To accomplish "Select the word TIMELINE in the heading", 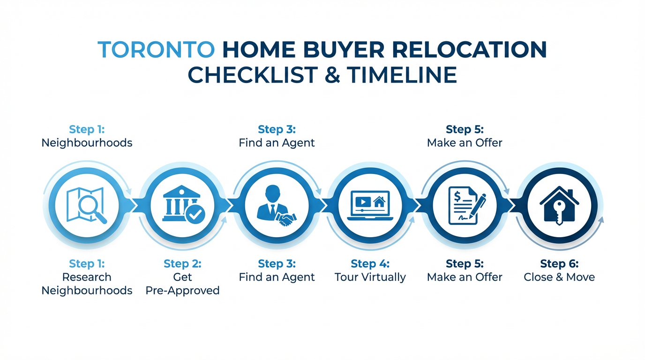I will (402, 75).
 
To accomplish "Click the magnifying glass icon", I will (93, 209).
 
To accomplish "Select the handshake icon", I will (287, 219).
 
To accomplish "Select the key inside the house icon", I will (559, 211).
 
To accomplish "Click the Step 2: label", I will (182, 264).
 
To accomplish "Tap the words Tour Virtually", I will (370, 277).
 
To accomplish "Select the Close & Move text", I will (559, 277).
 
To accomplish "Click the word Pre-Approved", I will (182, 290).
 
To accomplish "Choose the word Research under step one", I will (87, 277).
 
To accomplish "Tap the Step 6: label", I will (559, 264).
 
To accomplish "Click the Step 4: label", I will (370, 264).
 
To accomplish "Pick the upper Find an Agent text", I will (277, 142).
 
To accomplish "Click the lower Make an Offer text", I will (465, 277).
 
